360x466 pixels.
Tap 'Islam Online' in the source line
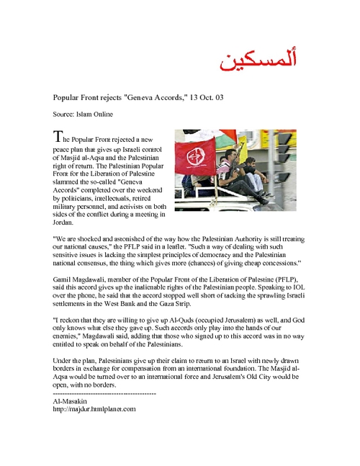(x=96, y=114)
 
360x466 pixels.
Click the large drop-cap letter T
(x=58, y=136)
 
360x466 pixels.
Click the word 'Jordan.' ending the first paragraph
(x=63, y=223)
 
